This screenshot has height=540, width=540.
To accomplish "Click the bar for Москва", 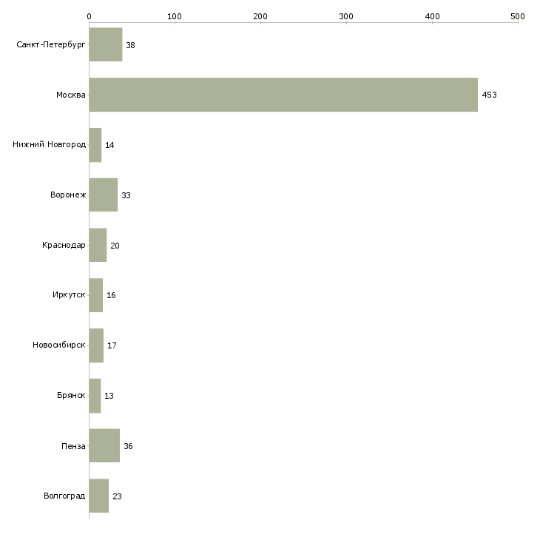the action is pos(283,95).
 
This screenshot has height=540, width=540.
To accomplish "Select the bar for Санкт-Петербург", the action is pos(106,44).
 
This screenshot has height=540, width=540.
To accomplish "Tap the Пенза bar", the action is pos(104,445).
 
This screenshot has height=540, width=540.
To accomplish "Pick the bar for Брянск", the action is pos(95,396).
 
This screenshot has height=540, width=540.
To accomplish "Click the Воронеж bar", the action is pos(104,195).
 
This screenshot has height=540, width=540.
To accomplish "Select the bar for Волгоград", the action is pos(99,496).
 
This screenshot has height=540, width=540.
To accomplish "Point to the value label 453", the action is pos(490,95).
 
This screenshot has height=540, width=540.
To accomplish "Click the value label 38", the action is pos(130,45).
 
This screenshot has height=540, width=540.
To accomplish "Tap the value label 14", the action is pos(109,145).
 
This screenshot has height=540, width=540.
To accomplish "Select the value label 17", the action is pos(112,345).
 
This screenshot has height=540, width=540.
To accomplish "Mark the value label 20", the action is pos(115,246).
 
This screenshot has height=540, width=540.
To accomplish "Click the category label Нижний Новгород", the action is pos(50,144).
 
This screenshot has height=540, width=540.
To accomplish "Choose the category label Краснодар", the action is pos(64,245).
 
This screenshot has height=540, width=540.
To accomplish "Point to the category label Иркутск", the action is pos(69,295).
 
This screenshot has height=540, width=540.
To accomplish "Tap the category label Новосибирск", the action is pos(59,345).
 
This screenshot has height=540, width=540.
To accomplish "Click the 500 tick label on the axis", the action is pos(518,16).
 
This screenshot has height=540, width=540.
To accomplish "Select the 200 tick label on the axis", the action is pos(260,16).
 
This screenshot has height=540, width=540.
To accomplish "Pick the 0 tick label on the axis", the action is pos(90,16).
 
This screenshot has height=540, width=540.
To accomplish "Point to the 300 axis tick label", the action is pos(346,16).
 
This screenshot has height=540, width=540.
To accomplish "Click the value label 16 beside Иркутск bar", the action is pos(111,295).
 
